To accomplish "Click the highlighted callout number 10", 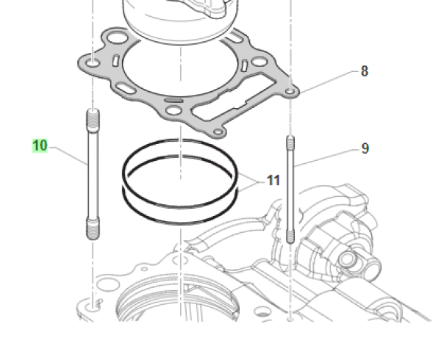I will [x=40, y=145].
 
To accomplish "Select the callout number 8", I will [x=364, y=71].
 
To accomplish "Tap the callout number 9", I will [x=365, y=148].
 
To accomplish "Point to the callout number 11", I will [x=273, y=180].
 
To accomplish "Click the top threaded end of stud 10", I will [x=93, y=118].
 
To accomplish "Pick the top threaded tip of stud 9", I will [x=290, y=141].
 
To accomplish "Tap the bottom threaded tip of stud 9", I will [x=290, y=235].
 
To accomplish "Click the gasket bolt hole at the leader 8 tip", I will [x=291, y=92].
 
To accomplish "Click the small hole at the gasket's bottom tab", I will [x=217, y=130].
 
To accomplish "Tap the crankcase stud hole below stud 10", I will [x=93, y=302].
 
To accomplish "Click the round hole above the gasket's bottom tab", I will [x=174, y=111].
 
